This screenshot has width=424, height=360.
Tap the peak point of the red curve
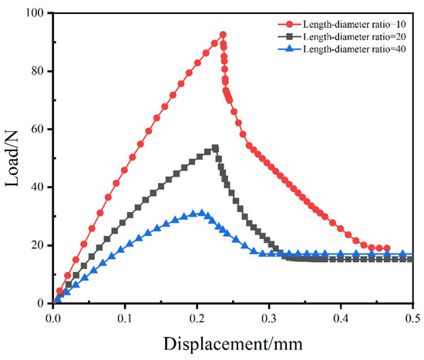pos(223,35)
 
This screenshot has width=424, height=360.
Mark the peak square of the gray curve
pos(215,148)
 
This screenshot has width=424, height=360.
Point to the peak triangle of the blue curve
pos(202,213)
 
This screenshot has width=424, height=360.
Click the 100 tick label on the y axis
pos(34,13)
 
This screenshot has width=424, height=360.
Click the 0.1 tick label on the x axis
pos(124,317)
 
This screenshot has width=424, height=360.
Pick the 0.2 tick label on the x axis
pos(197,317)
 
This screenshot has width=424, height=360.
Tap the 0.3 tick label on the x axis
pos(268,317)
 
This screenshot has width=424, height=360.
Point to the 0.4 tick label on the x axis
pos(340,317)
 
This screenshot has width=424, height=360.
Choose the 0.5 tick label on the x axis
pos(411,317)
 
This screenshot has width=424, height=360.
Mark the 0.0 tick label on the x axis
pos(52,317)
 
